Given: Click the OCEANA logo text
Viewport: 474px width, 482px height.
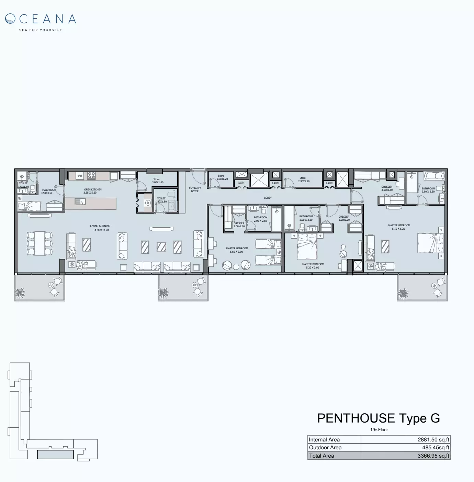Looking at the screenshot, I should tap(41, 19).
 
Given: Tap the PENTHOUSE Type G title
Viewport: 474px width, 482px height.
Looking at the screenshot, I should tap(378, 418).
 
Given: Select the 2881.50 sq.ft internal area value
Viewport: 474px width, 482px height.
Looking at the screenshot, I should tap(433, 439).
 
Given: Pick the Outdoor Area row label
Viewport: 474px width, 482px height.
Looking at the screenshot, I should tap(325, 448).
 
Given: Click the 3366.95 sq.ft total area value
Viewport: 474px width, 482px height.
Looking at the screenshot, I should tap(433, 456).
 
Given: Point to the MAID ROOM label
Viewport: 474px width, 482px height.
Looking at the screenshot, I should tap(49, 191).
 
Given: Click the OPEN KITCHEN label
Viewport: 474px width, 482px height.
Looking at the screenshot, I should tap(93, 191).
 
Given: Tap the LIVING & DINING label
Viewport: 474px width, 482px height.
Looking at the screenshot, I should tap(100, 228).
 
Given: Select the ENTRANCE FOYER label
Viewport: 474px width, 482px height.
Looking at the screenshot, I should tap(195, 189).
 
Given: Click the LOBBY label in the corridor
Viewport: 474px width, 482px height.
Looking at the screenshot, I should tap(268, 198).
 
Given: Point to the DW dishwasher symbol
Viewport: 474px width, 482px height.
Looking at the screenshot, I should tap(80, 176).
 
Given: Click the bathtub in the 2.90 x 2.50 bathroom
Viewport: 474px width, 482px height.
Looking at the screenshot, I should tap(434, 176).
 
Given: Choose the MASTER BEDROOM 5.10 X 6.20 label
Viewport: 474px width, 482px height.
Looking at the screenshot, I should tap(399, 227).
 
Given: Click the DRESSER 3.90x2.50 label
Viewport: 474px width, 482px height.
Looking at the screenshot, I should tap(387, 188).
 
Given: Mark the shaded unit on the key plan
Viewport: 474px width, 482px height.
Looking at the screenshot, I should tap(55, 454).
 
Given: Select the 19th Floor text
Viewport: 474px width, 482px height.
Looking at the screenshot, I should tap(379, 430).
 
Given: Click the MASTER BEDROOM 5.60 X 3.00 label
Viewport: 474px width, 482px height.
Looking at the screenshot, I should tap(237, 250).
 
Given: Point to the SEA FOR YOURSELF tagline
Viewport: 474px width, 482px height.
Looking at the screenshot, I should tap(41, 30).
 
